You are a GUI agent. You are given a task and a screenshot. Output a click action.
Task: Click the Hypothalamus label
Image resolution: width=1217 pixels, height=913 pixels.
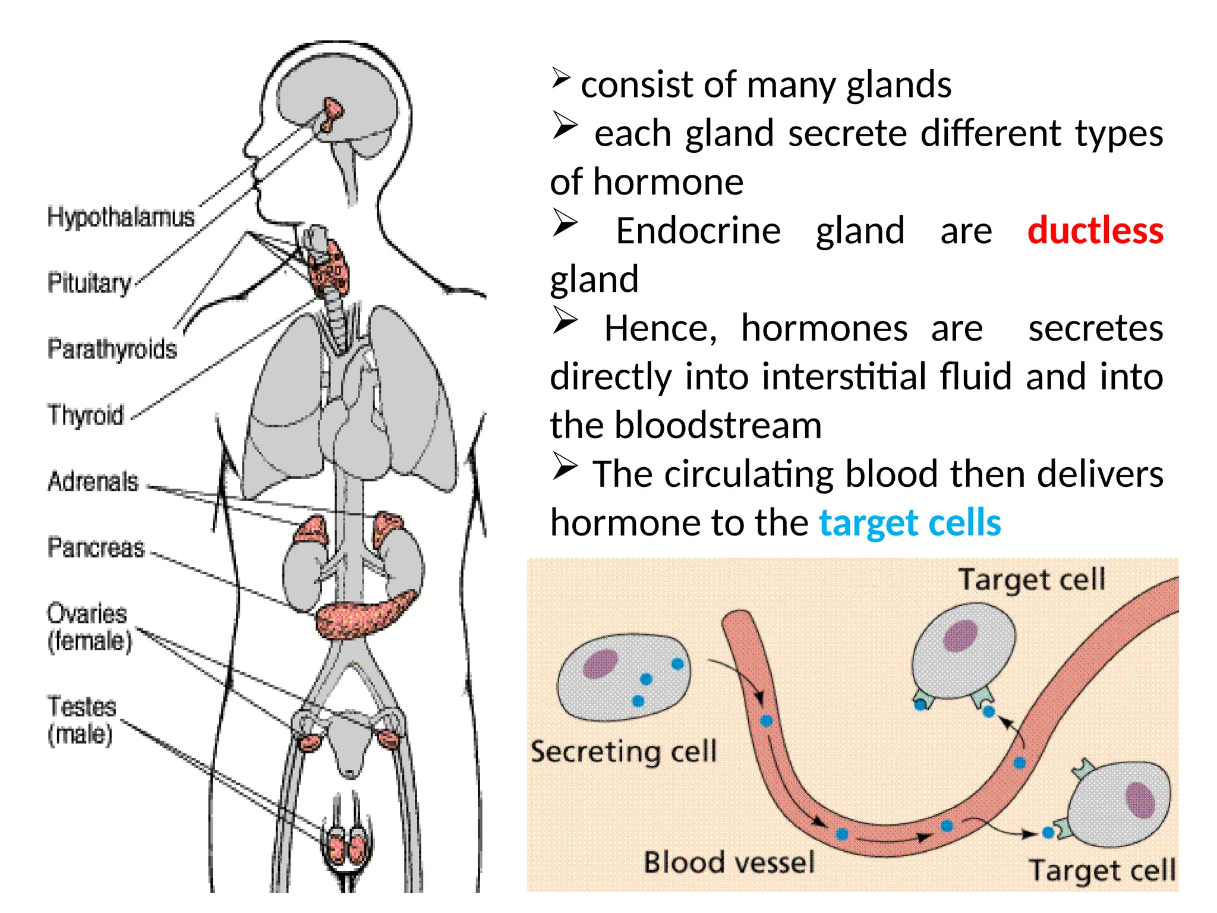[121, 217]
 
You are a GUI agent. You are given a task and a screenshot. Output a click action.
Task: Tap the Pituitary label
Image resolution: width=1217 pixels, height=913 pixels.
[89, 283]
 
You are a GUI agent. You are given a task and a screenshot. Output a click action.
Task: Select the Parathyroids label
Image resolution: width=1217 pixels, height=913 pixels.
[112, 349]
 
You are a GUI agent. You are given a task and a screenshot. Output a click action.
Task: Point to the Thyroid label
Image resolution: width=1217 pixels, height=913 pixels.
[86, 415]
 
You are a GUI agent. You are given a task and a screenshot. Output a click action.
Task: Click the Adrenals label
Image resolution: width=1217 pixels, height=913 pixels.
[93, 481]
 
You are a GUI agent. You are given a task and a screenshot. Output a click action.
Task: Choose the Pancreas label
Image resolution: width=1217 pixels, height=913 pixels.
[96, 547]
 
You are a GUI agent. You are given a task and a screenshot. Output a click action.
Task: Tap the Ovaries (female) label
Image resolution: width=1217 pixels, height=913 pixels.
[89, 627]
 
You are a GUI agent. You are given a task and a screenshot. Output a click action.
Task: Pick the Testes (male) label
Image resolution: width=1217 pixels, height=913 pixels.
[81, 720]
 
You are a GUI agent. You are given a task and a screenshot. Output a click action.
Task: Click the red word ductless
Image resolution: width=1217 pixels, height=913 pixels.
[1095, 231]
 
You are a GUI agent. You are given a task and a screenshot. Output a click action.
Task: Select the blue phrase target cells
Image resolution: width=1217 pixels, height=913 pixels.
[910, 523]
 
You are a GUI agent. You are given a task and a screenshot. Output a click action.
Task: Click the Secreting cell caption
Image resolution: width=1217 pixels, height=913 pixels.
[623, 751]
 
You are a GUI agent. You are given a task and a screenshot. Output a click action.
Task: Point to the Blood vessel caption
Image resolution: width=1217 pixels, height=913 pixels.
[729, 862]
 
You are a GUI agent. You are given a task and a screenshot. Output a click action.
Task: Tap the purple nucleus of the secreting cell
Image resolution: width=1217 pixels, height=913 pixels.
[600, 663]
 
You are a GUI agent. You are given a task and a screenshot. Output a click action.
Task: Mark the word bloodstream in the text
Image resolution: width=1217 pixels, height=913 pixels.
[718, 426]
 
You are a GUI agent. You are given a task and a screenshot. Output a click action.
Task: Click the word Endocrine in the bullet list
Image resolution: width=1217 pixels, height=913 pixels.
[698, 231]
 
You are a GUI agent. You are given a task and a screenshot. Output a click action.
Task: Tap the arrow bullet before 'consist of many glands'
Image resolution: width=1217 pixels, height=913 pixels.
[561, 78]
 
